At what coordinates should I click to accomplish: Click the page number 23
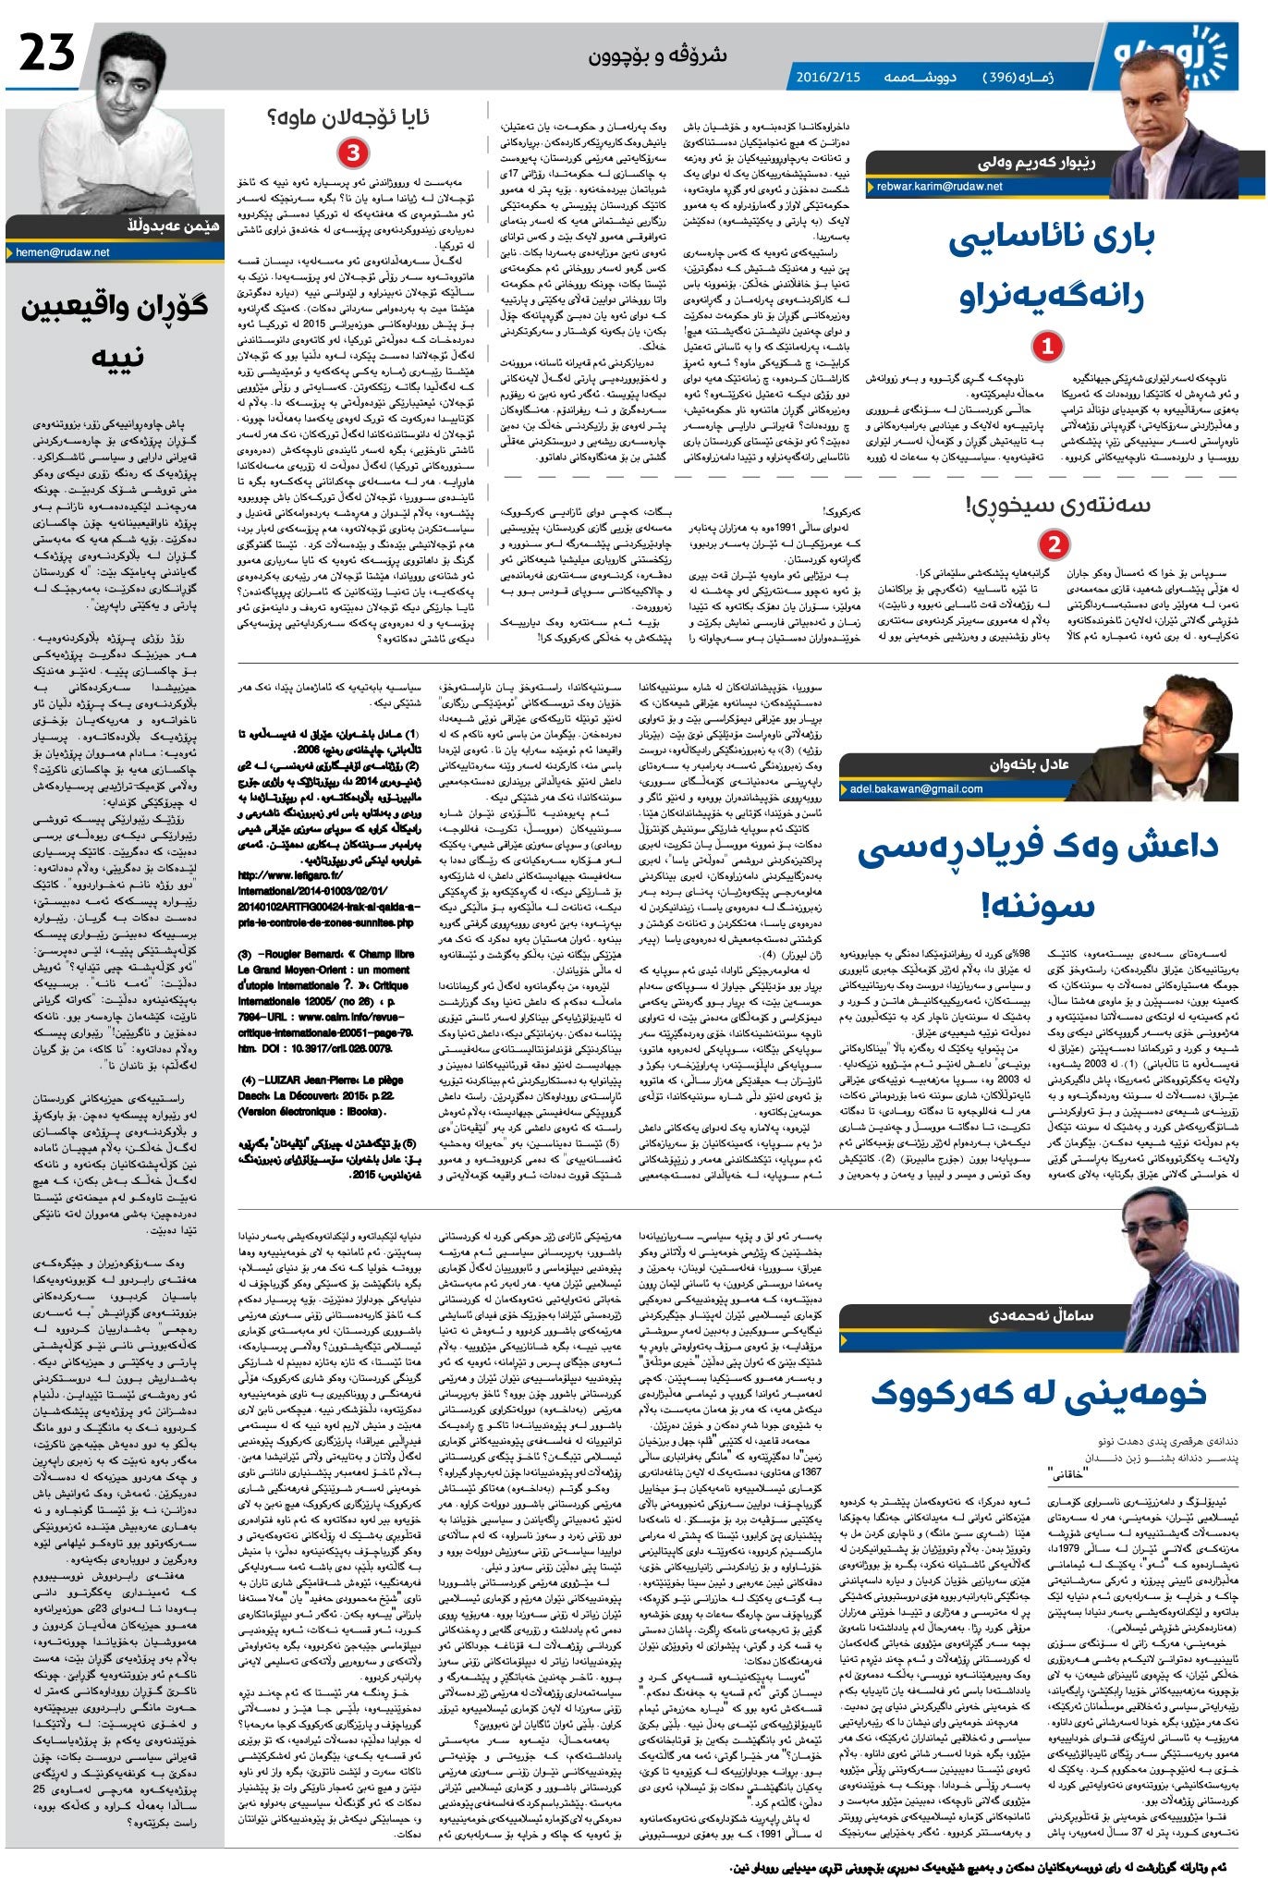tap(47, 55)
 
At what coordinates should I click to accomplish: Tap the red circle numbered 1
tap(1047, 347)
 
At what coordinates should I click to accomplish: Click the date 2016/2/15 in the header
tap(828, 77)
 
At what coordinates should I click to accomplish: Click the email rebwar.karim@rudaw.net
tap(939, 186)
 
